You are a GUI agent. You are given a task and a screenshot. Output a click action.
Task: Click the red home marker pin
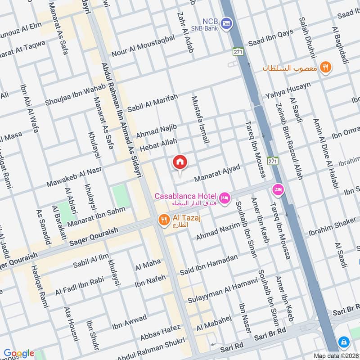pyautogui.click(x=180, y=162)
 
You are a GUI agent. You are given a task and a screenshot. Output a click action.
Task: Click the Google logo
pyautogui.click(x=19, y=353)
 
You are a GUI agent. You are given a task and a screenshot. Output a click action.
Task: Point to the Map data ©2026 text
pyautogui.click(x=335, y=355)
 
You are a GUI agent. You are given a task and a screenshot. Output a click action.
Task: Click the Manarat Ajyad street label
pyautogui.click(x=217, y=173)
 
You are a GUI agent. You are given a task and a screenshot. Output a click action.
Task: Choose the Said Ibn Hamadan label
pyautogui.click(x=208, y=265)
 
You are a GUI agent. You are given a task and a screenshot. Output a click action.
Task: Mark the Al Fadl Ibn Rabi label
pyautogui.click(x=80, y=285)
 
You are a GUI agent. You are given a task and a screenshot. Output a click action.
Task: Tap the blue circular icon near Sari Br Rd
pyautogui.click(x=344, y=342)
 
